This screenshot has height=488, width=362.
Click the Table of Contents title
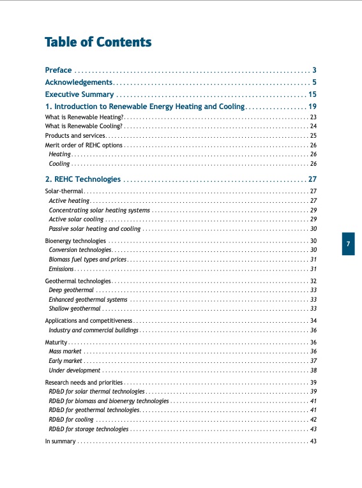pos(98,43)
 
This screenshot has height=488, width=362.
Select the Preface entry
pos(58,70)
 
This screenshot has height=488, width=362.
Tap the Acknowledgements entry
pos(79,82)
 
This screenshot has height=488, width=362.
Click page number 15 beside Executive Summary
pos(313,94)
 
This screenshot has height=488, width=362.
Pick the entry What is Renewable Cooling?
pos(84,126)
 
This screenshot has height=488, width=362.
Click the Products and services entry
pos(75,136)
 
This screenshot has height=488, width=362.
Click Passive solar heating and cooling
pos(94,228)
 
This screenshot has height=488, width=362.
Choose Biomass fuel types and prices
pos(87,260)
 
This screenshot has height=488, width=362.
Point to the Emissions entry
pos(61,269)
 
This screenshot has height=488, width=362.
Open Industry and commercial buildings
pos(93,330)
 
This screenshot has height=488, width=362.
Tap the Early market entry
pos(64,360)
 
